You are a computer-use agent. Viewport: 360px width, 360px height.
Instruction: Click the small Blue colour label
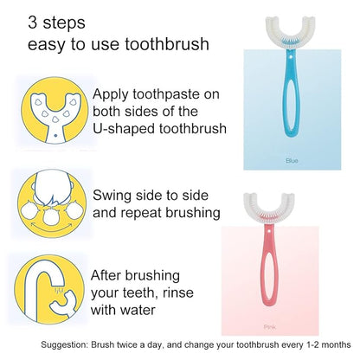tap(292, 160)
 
